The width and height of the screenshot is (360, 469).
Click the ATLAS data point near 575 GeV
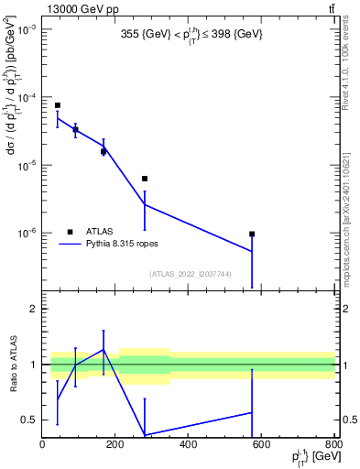tap(252, 234)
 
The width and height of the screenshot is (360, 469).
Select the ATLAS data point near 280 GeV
tap(145, 179)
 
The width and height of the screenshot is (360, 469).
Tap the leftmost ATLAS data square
tap(57, 105)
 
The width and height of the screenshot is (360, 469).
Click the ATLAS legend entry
tap(99, 231)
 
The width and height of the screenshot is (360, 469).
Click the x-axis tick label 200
tap(115, 445)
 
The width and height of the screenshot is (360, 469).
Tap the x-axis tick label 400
tap(188, 445)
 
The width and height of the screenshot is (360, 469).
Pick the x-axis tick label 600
tap(261, 445)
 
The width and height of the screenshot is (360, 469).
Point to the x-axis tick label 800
tap(333, 445)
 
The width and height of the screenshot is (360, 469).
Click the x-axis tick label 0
tap(43, 445)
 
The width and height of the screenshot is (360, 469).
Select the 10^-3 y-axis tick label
tap(25, 30)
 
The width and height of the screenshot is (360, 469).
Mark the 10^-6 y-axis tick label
tap(25, 233)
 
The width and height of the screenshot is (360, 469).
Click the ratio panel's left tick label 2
tap(34, 310)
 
